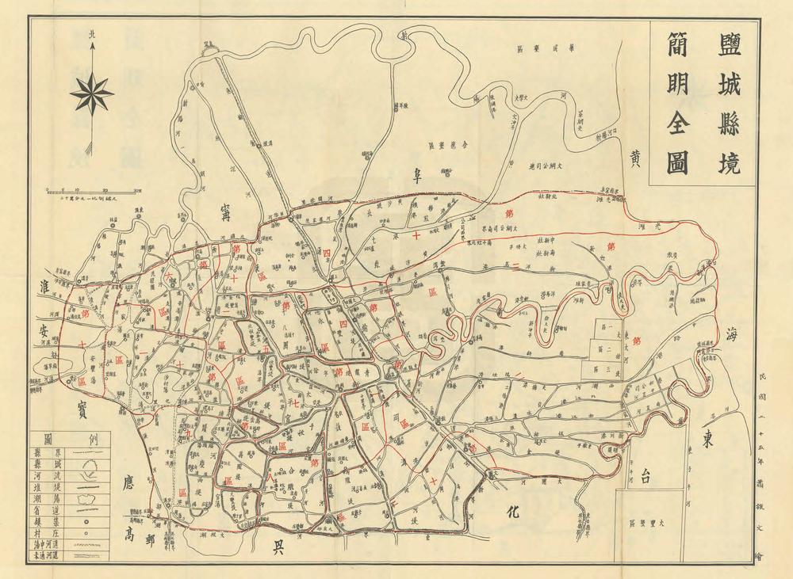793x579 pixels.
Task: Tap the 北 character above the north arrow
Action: point(93,34)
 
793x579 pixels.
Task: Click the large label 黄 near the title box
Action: point(635,158)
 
